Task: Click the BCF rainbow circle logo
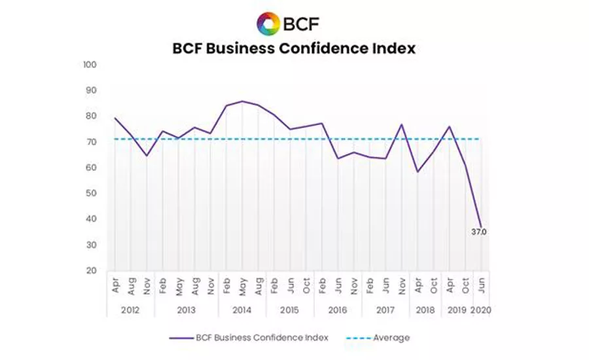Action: pos(268,24)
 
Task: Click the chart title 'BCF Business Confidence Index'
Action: pos(294,48)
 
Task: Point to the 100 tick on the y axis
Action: pos(90,65)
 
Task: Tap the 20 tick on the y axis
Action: pos(92,270)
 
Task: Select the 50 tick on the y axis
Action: pos(92,193)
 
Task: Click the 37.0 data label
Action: pos(479,232)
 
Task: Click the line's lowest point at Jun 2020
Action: pos(481,226)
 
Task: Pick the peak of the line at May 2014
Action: pos(242,101)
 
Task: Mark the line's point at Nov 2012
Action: pos(147,156)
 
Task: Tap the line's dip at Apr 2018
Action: pos(418,172)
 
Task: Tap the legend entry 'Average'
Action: pos(391,338)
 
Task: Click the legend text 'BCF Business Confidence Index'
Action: pos(262,338)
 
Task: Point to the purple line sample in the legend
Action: pos(180,338)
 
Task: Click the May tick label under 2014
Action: pos(243,286)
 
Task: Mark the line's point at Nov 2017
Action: pos(401,124)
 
